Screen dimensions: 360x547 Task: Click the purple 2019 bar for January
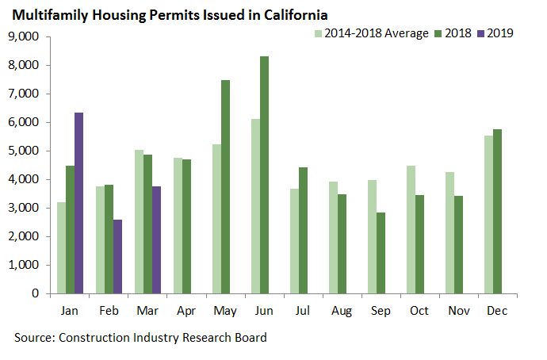coord(78,203)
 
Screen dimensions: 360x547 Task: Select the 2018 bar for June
coord(264,174)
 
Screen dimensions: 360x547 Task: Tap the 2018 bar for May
coord(225,186)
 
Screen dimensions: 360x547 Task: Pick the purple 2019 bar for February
coord(117,256)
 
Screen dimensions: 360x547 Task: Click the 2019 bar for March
coord(156,239)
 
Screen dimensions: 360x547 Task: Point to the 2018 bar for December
coord(497,211)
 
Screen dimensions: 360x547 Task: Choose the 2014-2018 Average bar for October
coord(410,229)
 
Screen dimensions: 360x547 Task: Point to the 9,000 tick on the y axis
coord(24,36)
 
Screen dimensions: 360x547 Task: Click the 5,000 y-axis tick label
coord(24,151)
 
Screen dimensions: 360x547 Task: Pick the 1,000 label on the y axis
coord(24,265)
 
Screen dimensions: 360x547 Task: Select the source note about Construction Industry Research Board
coord(140,337)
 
